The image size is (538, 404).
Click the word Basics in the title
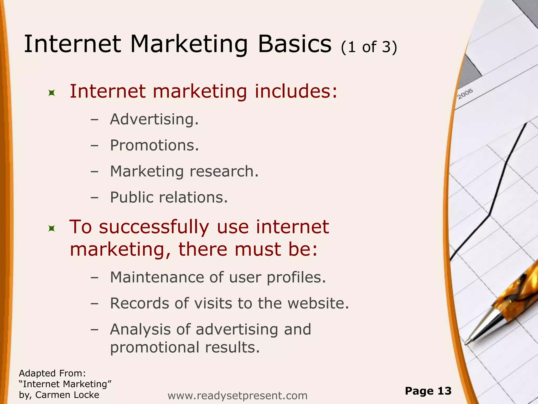click(295, 44)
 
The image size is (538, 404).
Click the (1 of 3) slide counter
click(369, 47)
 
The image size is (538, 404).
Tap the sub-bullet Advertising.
click(154, 119)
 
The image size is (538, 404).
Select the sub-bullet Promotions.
click(154, 145)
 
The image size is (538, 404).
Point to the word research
click(224, 171)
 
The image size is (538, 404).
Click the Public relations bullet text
click(169, 198)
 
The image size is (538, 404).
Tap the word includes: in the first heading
click(296, 92)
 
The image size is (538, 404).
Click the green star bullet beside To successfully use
click(52, 229)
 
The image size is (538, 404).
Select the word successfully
click(154, 227)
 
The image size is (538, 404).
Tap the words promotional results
click(185, 347)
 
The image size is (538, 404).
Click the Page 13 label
click(428, 391)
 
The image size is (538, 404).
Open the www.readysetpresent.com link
click(237, 396)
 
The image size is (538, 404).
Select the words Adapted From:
click(53, 373)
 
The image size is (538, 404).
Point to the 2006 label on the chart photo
click(465, 94)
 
